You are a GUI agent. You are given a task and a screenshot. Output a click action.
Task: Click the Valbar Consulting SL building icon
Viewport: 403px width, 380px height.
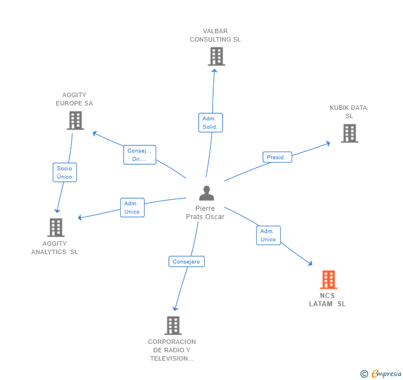click(216, 56)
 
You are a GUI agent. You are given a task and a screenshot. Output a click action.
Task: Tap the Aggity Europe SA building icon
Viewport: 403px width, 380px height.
click(75, 120)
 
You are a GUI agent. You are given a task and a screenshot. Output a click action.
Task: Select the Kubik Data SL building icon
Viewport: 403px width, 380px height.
click(349, 133)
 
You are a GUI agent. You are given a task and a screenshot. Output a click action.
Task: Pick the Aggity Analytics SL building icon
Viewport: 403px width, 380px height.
click(55, 227)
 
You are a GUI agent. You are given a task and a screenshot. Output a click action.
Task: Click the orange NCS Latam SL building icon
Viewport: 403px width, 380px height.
click(328, 280)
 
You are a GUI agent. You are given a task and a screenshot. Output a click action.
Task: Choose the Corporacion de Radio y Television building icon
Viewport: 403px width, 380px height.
click(173, 326)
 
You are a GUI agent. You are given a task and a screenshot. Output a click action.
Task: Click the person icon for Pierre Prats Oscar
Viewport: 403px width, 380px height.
click(206, 193)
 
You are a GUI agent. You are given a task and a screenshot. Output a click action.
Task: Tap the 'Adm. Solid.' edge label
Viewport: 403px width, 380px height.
click(210, 123)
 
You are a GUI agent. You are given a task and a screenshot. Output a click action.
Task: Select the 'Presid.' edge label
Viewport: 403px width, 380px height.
click(276, 157)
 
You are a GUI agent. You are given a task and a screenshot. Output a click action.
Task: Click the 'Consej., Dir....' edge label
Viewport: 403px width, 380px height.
click(139, 155)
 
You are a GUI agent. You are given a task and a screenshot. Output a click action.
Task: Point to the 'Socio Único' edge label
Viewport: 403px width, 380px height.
click(64, 173)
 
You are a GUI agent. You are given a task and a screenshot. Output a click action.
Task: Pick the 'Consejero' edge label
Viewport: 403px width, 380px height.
click(187, 261)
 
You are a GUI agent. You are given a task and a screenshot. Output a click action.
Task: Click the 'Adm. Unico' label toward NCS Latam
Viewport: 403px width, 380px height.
click(268, 235)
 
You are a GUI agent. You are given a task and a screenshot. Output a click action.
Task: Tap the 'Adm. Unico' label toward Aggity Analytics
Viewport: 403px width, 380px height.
click(132, 207)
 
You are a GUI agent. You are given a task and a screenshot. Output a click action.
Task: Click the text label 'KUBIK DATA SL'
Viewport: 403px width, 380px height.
click(348, 112)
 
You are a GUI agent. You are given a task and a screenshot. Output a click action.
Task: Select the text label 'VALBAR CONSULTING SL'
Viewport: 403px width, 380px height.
click(215, 36)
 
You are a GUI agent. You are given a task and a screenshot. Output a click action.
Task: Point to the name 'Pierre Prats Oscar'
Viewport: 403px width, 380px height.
click(205, 212)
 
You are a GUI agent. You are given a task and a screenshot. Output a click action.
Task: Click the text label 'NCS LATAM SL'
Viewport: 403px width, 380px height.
click(327, 300)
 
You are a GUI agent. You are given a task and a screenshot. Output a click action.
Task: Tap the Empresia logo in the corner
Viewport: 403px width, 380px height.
click(381, 373)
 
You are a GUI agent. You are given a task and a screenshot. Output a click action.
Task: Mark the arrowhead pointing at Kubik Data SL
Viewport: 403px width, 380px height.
click(328, 143)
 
